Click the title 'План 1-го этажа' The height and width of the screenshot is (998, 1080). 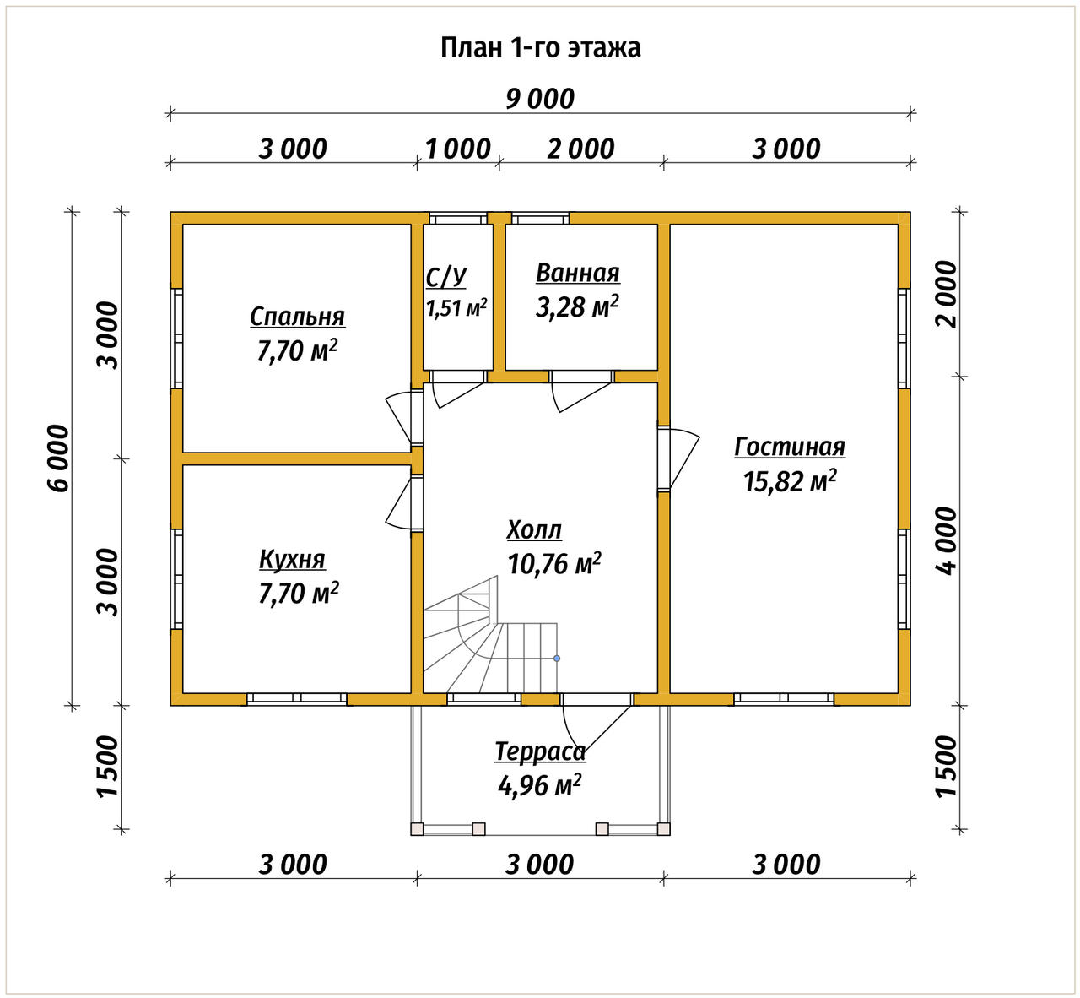coord(540,48)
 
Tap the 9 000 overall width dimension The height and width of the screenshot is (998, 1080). coord(540,99)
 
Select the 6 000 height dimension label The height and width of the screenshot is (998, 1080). coord(59,458)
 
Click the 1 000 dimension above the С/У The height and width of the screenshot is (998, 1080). coord(458,149)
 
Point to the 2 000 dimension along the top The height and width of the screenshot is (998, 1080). coord(580,149)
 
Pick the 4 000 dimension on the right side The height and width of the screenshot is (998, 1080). coord(946,540)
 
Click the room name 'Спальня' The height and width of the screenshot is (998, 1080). coord(298,317)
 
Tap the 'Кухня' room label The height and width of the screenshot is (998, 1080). coord(293,559)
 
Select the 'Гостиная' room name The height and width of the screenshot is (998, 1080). coord(790,447)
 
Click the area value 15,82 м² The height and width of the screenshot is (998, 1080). coord(790,480)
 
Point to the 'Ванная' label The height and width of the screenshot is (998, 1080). coord(577,273)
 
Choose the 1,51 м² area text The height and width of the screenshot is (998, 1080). coord(456,307)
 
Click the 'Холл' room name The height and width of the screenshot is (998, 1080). coord(534,529)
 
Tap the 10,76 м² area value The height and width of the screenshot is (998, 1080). coord(554,563)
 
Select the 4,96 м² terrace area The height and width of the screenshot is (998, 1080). coord(540,784)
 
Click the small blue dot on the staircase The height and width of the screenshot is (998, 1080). coord(557,659)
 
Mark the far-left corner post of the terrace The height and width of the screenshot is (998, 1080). coord(417,828)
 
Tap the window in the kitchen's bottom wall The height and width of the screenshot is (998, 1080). coord(297,698)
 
